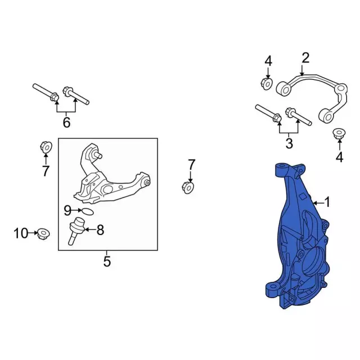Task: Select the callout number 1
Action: (327, 202)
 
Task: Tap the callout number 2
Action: (305, 58)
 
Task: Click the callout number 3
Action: (289, 143)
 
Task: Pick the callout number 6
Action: (66, 123)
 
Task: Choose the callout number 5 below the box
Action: (107, 261)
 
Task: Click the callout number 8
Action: (100, 229)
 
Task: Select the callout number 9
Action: (67, 210)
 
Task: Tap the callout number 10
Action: (21, 233)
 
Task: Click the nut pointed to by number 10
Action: (43, 234)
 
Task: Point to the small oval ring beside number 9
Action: (88, 212)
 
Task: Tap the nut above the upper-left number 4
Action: (267, 84)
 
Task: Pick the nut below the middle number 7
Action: (188, 187)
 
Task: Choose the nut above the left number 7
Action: (46, 147)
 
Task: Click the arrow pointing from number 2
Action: (302, 70)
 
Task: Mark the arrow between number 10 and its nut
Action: (33, 233)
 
